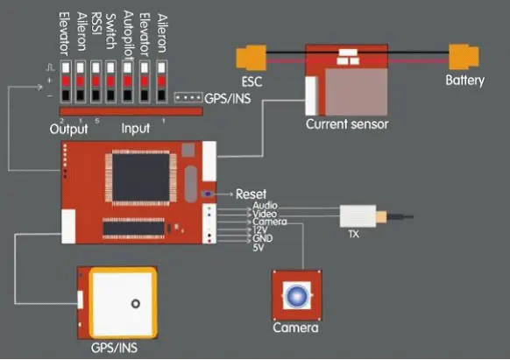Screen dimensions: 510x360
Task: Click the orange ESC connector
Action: tap(251, 58)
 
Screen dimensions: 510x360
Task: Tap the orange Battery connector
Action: tap(464, 57)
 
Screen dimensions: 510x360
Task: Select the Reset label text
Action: tap(251, 194)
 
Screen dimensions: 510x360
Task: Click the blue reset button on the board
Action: tap(208, 194)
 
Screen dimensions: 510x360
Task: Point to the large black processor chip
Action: tap(141, 177)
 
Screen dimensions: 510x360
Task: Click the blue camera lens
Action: tap(297, 295)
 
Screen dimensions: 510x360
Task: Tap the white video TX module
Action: tap(358, 216)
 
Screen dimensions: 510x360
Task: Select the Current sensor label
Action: tap(347, 124)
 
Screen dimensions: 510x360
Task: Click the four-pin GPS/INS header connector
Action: tap(188, 97)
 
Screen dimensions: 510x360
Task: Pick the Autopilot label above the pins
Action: tap(128, 35)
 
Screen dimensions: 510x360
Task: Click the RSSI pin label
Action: tap(96, 24)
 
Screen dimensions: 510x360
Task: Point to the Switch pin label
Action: tap(111, 32)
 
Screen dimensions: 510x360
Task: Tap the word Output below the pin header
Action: tap(68, 129)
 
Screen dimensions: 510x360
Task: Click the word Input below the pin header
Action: tap(136, 129)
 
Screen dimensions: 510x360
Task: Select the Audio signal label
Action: tap(266, 206)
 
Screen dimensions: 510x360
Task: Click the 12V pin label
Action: tap(260, 230)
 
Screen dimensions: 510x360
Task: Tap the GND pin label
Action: tap(263, 238)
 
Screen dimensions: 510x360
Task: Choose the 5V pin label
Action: tap(259, 248)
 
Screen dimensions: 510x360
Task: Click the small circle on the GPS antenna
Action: tap(136, 303)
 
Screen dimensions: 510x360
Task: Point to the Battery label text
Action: tap(464, 80)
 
